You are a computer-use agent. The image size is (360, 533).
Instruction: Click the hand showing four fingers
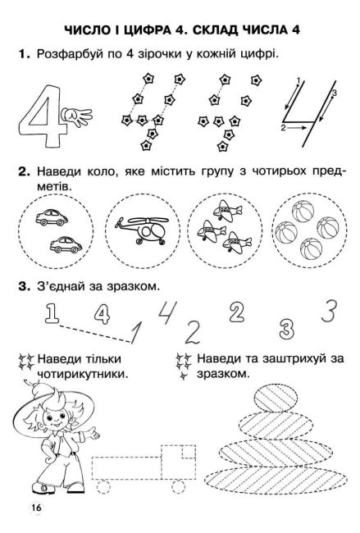pos(81,118)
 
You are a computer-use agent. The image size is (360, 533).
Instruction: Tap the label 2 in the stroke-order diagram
pos(285,129)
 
